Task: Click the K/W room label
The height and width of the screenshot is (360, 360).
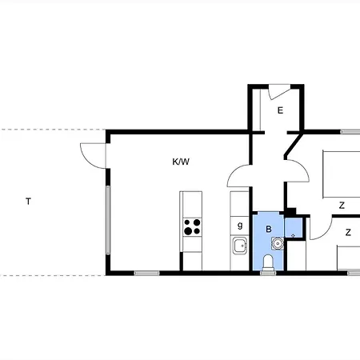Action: tap(182, 162)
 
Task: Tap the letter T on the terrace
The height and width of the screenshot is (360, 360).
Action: tap(28, 202)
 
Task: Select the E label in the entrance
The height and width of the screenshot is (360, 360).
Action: tap(280, 110)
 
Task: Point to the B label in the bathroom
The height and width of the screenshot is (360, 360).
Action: tap(270, 229)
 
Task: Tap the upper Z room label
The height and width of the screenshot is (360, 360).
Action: tap(342, 206)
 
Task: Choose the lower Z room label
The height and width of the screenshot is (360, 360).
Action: tap(348, 233)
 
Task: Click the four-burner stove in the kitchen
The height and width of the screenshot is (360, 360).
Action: tap(192, 226)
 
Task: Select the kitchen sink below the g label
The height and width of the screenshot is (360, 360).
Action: tap(239, 246)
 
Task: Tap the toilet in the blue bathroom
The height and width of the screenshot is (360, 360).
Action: tap(269, 262)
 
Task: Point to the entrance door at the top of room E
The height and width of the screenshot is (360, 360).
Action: tap(277, 90)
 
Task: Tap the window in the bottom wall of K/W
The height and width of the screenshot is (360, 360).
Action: tap(146, 274)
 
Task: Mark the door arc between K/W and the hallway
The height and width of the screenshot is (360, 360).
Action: tap(239, 172)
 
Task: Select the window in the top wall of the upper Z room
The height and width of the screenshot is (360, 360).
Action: tap(350, 132)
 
